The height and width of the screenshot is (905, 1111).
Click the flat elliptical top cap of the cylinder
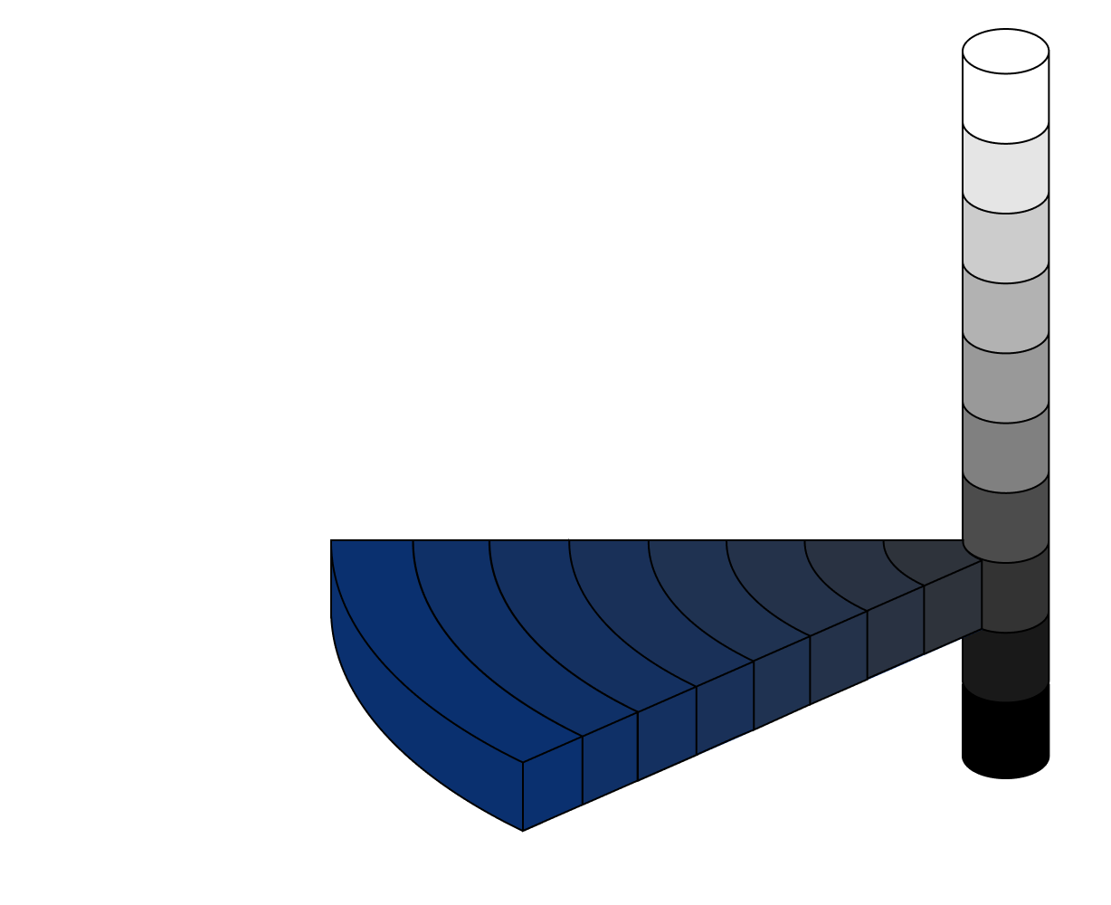coord(1005,51)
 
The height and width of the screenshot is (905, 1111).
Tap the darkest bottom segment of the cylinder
coord(1005,665)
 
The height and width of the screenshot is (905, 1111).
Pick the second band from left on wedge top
coord(470,615)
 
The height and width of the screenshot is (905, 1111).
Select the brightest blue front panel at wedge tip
coord(552,783)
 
